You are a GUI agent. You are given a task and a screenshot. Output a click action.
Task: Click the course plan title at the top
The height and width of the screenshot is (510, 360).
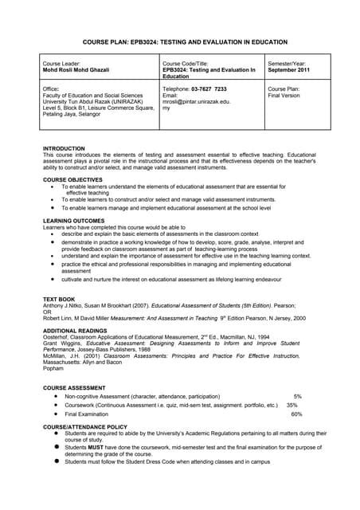[x=180, y=41]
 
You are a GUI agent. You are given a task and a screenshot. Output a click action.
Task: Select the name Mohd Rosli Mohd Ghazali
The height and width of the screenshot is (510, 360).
[x=75, y=70]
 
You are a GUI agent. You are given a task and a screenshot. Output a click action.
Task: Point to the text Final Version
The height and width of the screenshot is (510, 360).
[x=285, y=96]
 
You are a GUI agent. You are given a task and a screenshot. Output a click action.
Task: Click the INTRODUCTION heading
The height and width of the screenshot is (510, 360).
[x=64, y=148]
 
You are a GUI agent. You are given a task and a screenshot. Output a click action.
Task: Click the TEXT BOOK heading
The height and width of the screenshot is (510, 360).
[x=58, y=299]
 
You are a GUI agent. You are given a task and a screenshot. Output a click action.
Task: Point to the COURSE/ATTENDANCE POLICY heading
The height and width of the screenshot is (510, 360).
[x=84, y=427]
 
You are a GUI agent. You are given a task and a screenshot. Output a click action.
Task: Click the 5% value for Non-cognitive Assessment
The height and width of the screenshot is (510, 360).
[x=298, y=396]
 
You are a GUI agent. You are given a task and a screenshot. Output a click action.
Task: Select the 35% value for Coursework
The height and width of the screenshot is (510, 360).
[x=292, y=405]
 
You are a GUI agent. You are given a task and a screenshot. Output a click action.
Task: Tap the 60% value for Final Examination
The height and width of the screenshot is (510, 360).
[x=297, y=414]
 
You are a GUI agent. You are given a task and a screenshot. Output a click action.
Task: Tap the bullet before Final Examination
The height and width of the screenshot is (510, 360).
[x=55, y=414]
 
